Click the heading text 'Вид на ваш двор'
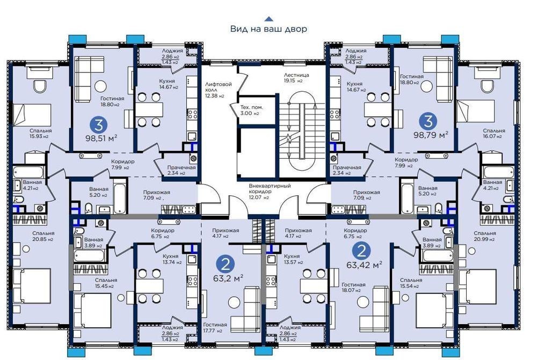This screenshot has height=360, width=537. [x=268, y=29]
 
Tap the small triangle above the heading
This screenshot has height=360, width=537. [x=269, y=19]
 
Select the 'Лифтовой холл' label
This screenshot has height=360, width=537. [x=218, y=87]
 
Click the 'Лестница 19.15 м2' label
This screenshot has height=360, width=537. [x=296, y=78]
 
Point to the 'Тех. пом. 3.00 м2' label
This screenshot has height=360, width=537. [x=252, y=110]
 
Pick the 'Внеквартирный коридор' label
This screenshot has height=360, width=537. [x=270, y=188]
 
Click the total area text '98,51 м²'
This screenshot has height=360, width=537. [x=101, y=138]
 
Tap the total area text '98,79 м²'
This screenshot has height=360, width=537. [x=431, y=135]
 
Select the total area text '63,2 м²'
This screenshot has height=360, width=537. [x=228, y=278]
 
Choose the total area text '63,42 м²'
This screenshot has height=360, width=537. [x=364, y=265]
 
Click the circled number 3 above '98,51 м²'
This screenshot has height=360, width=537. [x=99, y=125]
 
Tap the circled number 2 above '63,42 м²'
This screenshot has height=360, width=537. [x=361, y=251]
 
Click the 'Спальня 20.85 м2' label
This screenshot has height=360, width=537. [x=43, y=236]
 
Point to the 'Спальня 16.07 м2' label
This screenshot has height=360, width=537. [x=494, y=134]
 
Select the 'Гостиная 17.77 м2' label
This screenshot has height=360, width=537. [x=215, y=327]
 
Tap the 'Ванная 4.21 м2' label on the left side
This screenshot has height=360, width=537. [x=32, y=185]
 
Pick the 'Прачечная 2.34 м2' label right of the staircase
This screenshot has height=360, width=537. [x=346, y=170]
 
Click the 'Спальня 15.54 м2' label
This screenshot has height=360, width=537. [x=411, y=283]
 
